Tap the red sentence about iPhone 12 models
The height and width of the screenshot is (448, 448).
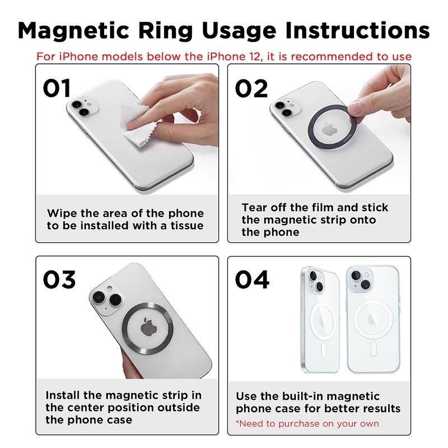pyautogui.click(x=224, y=57)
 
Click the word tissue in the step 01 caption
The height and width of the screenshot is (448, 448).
pyautogui.click(x=184, y=226)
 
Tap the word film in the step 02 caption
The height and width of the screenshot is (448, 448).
pyautogui.click(x=311, y=208)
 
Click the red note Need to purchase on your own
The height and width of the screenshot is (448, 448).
pyautogui.click(x=307, y=423)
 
